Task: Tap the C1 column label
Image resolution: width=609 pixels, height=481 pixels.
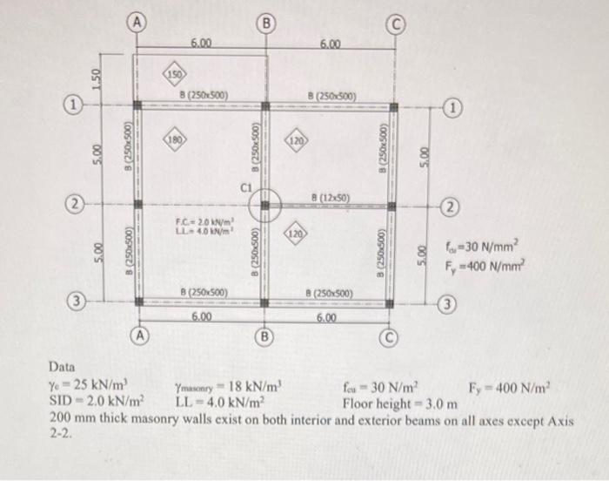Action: coord(247,186)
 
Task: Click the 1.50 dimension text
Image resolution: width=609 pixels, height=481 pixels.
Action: coord(97,81)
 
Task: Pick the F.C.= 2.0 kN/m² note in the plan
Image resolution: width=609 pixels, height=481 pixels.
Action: coord(199,222)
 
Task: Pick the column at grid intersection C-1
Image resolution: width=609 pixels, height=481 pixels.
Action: coord(391,108)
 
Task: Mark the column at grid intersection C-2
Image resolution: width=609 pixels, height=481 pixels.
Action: coord(391,207)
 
